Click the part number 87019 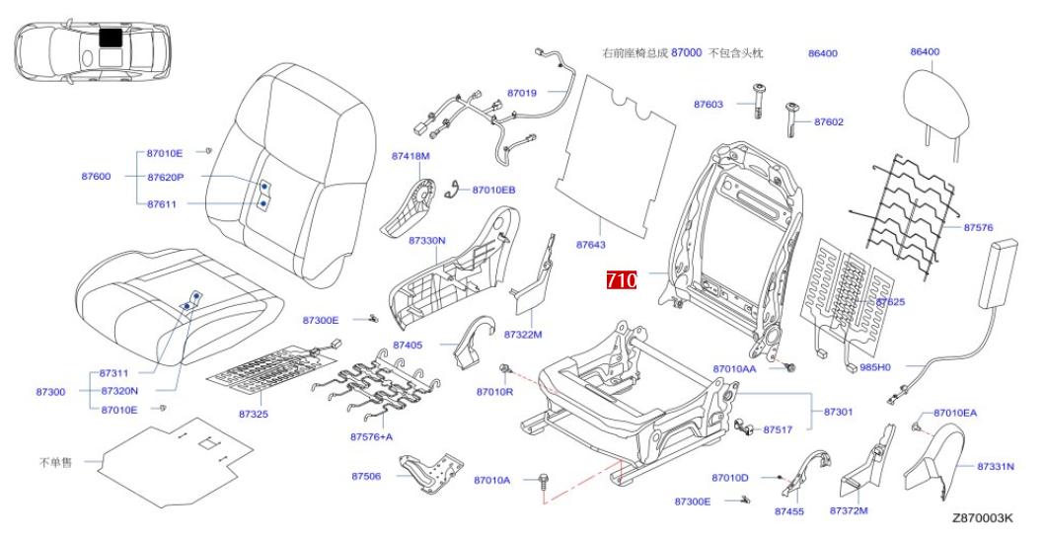522,93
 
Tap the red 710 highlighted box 622,280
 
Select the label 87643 590,243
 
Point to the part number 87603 708,104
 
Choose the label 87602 829,122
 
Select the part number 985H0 875,367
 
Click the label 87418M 411,156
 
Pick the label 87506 366,477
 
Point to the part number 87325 254,414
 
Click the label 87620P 166,177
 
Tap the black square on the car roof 112,39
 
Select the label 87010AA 734,368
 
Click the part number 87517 779,429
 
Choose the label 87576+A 371,436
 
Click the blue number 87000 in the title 686,52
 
